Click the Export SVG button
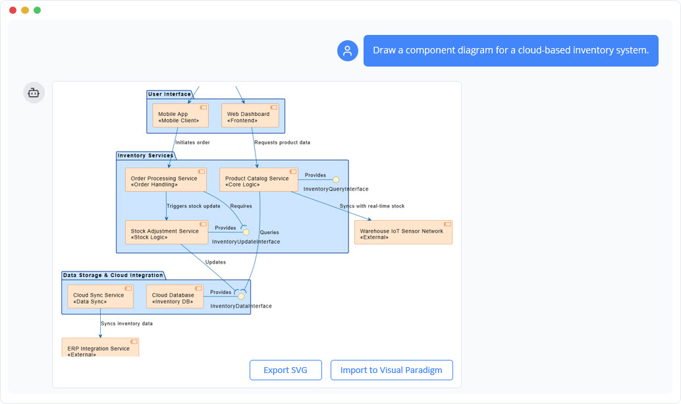pyautogui.click(x=286, y=370)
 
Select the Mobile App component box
pyautogui.click(x=180, y=116)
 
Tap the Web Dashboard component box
pyautogui.click(x=250, y=116)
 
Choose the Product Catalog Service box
pyautogui.click(x=258, y=180)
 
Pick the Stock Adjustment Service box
pyautogui.click(x=166, y=232)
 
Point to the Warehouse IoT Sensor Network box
pyautogui.click(x=403, y=233)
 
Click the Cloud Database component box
pyautogui.click(x=175, y=297)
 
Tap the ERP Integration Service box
pyautogui.click(x=100, y=347)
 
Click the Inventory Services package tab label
pyautogui.click(x=145, y=156)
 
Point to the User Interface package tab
pyautogui.click(x=169, y=94)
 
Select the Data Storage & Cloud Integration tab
pyautogui.click(x=113, y=275)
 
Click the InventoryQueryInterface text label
pyautogui.click(x=336, y=189)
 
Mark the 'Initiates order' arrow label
pyautogui.click(x=192, y=142)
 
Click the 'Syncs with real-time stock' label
pyautogui.click(x=372, y=206)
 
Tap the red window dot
pyautogui.click(x=13, y=10)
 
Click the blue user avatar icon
pyautogui.click(x=347, y=51)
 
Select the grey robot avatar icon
pyautogui.click(x=34, y=93)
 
